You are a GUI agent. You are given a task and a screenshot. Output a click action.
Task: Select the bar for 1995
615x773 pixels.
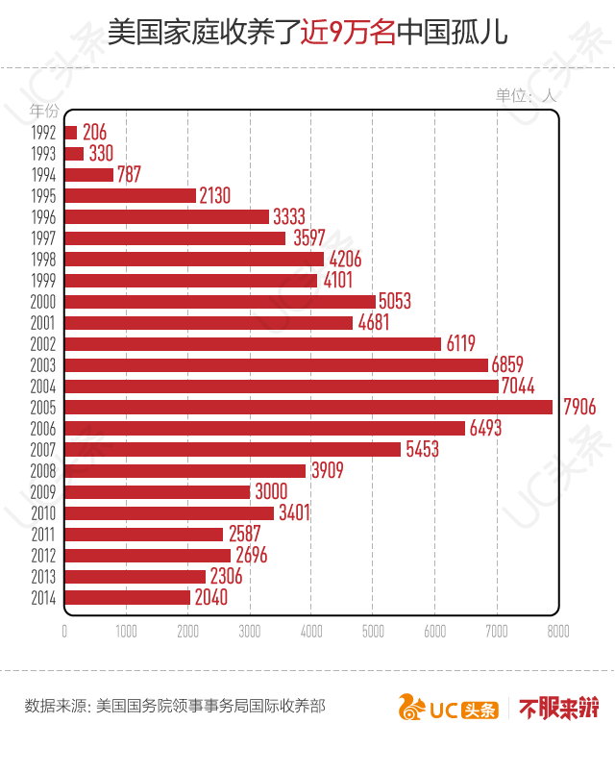pos(130,195)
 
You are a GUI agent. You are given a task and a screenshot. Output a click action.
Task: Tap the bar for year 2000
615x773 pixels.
pos(220,301)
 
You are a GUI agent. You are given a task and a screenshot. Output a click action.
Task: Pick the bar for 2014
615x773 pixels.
pos(127,597)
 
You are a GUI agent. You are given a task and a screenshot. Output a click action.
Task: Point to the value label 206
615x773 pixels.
pos(94,132)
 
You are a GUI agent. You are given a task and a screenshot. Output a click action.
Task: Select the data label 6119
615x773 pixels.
pos(460,343)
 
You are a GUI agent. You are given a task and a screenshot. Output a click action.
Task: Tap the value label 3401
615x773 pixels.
pos(294,512)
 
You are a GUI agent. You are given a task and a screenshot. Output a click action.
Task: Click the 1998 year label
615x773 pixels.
pos(43,260)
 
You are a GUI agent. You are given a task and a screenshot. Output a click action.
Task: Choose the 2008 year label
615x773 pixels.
pos(43,471)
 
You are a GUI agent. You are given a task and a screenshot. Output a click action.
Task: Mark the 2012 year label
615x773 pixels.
pos(43,556)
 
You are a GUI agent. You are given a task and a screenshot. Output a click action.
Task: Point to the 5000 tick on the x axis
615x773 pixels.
pos(373,631)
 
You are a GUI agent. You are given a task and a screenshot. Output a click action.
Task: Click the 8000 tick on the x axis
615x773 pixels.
pos(557,631)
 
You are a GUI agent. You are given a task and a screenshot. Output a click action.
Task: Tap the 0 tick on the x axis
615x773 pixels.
pos(64,631)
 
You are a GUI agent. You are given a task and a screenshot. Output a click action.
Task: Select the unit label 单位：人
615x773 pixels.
pos(526,95)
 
